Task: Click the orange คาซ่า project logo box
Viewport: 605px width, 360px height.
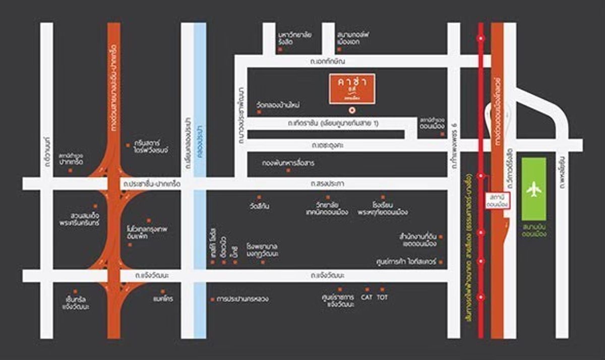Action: (352, 89)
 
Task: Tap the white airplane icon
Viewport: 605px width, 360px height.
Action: (533, 190)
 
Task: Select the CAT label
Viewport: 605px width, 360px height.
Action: (367, 297)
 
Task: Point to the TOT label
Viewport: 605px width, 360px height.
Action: (383, 297)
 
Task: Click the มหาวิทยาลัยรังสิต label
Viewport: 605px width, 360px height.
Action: (295, 38)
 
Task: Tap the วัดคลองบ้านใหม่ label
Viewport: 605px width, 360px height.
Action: (278, 105)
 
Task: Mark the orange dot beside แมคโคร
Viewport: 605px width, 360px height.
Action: (162, 291)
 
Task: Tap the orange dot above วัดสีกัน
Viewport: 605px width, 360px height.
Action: (259, 197)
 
